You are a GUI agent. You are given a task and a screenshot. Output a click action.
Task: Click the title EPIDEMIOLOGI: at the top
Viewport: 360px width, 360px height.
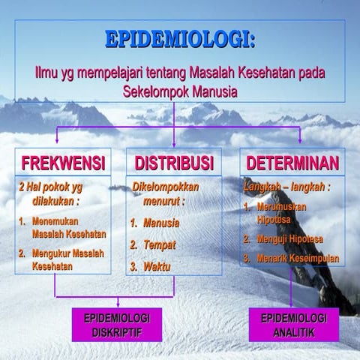pos(180,39)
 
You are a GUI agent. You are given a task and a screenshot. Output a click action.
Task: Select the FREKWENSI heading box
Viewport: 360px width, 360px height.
pos(62,163)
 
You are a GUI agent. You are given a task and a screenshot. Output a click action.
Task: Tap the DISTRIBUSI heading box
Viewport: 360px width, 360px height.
pos(175,163)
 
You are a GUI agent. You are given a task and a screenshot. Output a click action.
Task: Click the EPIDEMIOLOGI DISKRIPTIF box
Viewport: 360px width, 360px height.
pos(111,325)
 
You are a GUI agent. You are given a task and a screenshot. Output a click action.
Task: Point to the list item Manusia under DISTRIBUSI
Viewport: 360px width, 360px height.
pos(160,223)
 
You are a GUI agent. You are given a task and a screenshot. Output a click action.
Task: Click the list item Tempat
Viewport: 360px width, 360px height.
pos(159,244)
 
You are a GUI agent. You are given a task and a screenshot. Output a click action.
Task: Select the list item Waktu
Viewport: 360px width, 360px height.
pos(157,266)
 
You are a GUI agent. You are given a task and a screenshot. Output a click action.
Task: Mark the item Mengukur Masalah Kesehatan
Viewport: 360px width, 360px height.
pos(67,259)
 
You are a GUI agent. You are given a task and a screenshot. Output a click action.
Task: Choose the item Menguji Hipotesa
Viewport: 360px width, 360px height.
pos(289,239)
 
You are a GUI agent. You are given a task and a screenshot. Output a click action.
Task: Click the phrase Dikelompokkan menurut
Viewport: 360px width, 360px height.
pos(166,191)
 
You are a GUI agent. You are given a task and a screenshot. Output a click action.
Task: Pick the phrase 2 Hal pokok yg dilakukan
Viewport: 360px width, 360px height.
pos(52,191)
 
